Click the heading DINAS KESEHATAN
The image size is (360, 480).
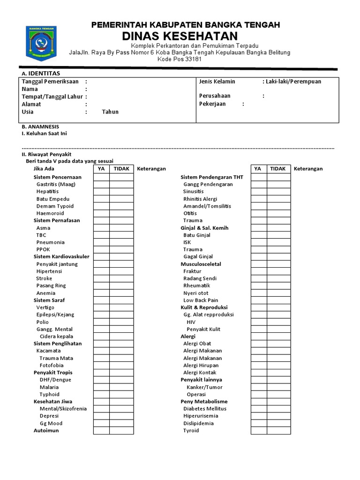point(180,36)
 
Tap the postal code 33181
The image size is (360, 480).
point(194,60)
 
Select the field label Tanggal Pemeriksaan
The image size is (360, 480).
point(50,82)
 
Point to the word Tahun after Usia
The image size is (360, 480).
point(110,112)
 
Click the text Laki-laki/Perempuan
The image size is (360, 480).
point(293,82)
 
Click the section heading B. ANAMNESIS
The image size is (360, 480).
point(40,127)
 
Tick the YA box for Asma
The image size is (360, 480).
point(101,228)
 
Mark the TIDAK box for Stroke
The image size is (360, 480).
point(121,278)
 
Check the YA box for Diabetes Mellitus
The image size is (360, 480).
point(259,409)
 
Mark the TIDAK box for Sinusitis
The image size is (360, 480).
point(279,192)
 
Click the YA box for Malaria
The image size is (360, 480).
point(101,387)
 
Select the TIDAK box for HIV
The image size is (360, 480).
point(279,322)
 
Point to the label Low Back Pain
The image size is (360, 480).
point(201,300)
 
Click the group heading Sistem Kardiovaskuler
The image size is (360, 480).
point(61,257)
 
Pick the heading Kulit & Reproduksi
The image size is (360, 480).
point(204,307)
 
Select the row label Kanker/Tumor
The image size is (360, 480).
point(204,387)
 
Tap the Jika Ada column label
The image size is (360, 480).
point(44,169)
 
